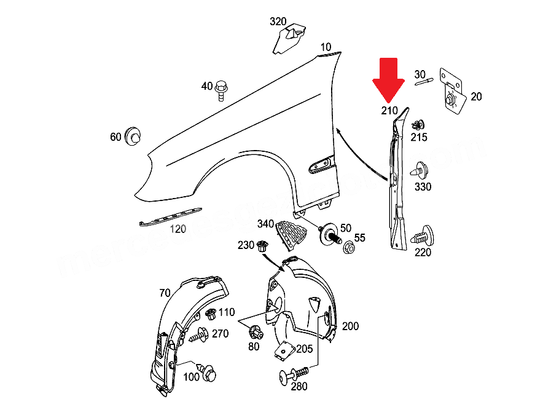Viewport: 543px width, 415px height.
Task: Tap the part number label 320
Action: [x=278, y=22]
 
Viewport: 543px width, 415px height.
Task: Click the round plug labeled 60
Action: [x=132, y=136]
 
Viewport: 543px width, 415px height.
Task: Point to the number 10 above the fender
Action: [x=325, y=47]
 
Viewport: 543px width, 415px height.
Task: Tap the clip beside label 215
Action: [x=418, y=124]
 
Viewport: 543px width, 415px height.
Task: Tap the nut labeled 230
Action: [x=262, y=247]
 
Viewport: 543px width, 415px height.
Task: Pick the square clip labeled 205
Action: [x=284, y=349]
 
